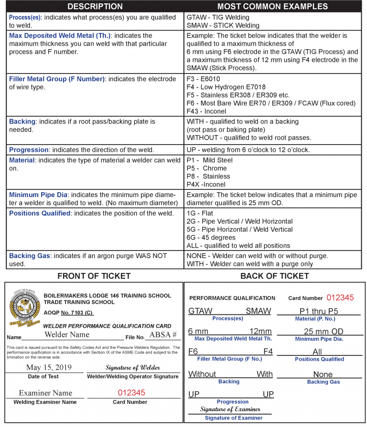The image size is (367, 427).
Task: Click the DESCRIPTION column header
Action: [x=95, y=6]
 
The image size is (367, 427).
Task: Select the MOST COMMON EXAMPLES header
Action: [x=272, y=6]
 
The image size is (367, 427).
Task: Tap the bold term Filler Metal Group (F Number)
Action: [x=57, y=79]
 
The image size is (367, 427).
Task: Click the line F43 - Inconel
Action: [x=207, y=111]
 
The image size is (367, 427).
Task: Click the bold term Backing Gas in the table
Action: [x=29, y=256]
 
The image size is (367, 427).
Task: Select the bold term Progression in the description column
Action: [x=29, y=150]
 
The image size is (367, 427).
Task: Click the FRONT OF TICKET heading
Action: [x=94, y=276]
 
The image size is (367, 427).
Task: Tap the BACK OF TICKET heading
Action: [x=274, y=276]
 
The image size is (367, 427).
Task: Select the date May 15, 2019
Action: [x=49, y=367]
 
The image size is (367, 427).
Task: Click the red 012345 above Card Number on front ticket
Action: [x=131, y=393]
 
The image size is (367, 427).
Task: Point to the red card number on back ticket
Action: [x=340, y=298]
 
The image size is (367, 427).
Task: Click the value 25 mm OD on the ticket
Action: [x=323, y=332]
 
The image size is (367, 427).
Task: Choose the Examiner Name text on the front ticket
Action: [x=45, y=393]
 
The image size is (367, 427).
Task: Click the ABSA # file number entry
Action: [x=163, y=335]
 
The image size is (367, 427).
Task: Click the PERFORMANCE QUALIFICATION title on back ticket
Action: [x=232, y=298]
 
